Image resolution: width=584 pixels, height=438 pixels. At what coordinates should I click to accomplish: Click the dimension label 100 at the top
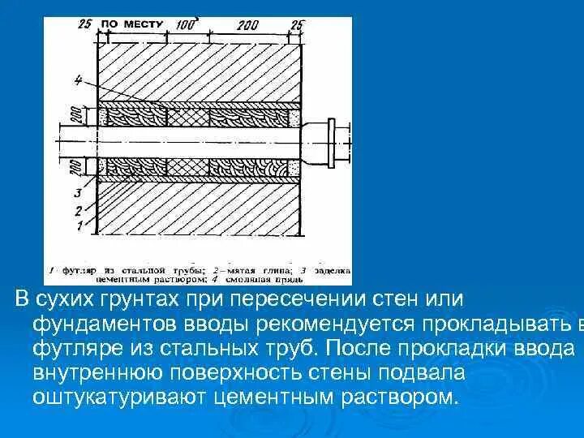186,25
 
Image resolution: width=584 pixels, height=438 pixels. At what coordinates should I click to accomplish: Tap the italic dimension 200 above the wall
247,26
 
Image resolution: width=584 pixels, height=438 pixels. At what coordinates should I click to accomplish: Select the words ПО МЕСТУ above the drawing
132,24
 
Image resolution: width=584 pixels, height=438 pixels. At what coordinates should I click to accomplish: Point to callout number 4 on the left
77,79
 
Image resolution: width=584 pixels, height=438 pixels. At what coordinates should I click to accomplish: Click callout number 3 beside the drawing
77,193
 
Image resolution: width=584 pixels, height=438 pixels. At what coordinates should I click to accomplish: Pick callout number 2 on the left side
77,210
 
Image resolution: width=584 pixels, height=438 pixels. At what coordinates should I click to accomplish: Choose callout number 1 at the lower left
77,228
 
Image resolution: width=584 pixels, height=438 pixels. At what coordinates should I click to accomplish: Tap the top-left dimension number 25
84,24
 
